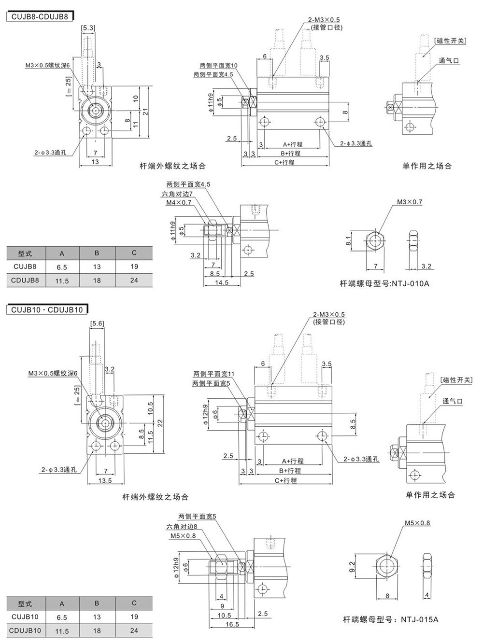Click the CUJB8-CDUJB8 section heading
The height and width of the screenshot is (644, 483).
coord(38,16)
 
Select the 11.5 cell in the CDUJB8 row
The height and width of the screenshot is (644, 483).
coord(62,280)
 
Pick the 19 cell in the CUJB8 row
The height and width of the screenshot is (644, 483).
coord(134,266)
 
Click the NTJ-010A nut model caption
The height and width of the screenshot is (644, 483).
coord(384,283)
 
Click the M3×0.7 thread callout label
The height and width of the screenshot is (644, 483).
coord(410,202)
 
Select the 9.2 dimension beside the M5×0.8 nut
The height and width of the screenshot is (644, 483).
coord(352,566)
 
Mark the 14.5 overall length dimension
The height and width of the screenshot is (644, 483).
coord(222,282)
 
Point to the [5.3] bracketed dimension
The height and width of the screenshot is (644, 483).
coord(88,29)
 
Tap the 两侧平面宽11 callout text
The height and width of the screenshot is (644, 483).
coord(213,374)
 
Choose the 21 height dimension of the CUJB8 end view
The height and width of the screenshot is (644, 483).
coord(144,112)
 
